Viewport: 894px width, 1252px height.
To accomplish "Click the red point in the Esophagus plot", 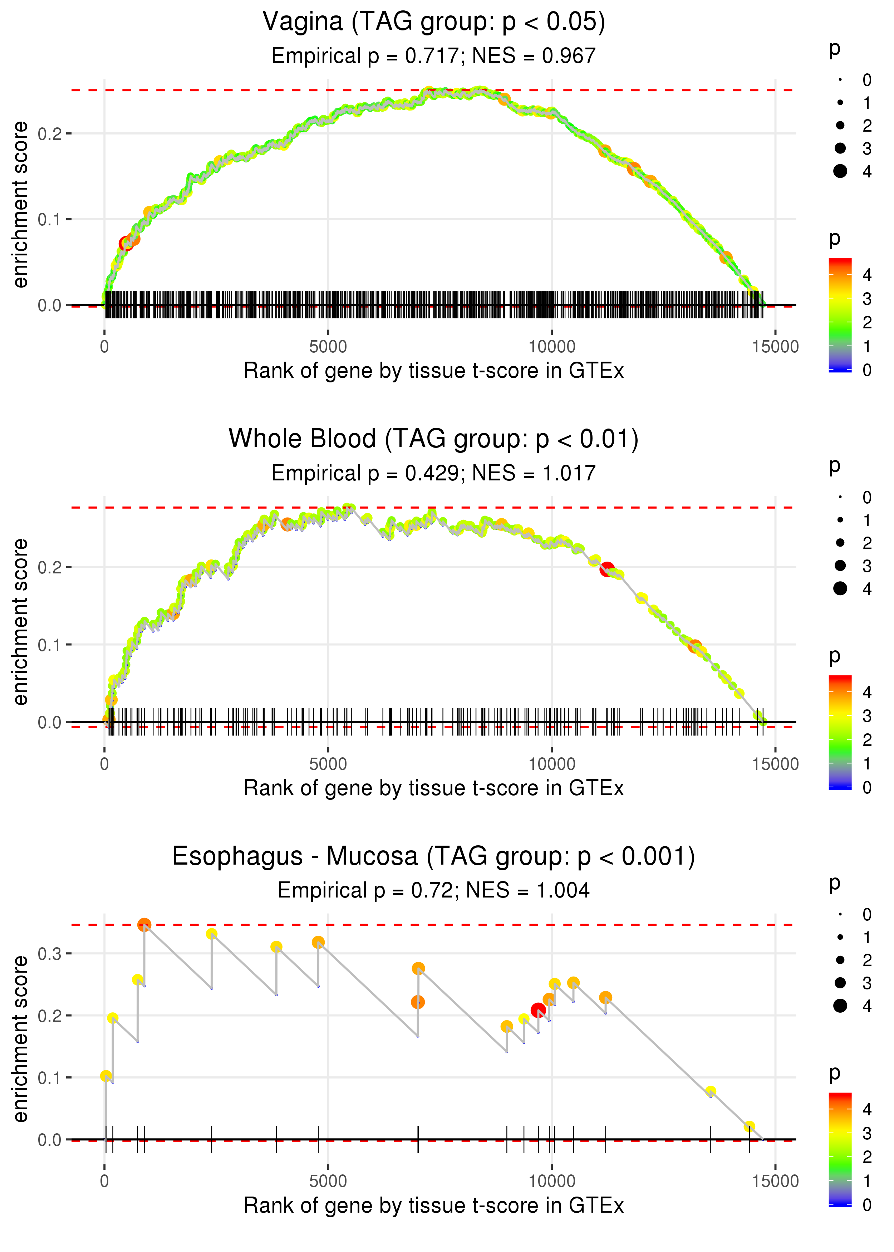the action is tap(539, 1010).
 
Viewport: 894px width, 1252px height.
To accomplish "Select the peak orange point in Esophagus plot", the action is tap(144, 924).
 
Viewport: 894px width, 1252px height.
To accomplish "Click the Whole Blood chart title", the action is tap(434, 439).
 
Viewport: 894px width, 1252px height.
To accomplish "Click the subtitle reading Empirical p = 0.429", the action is tap(434, 473).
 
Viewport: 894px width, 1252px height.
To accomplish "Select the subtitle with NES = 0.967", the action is tap(434, 55).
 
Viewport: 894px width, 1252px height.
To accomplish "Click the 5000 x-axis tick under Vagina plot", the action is tap(328, 347).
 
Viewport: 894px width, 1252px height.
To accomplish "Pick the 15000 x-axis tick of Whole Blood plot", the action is tap(775, 764).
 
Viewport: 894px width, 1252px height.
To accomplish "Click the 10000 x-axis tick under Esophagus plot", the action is tap(551, 1182).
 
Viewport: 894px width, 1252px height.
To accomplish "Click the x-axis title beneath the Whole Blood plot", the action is tap(434, 788).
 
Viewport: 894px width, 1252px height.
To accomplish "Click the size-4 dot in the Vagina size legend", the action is tap(840, 171).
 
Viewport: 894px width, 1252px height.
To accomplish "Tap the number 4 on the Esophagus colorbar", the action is tap(867, 1109).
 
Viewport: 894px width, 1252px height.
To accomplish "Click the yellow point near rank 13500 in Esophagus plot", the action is tap(711, 1091).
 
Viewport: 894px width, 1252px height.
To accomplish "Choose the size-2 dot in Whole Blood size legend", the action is tap(840, 543).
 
